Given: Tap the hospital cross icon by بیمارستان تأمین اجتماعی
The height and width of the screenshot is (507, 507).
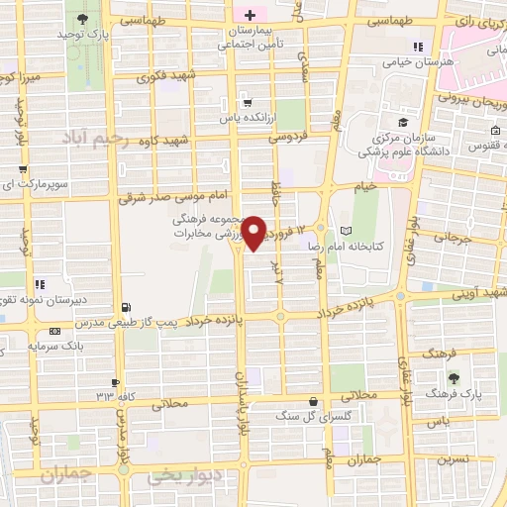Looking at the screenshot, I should pos(250,15).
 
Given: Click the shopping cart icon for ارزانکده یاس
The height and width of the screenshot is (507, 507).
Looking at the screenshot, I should pos(246,100).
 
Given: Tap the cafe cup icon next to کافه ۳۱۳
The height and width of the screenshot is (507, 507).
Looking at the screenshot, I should pos(116,382).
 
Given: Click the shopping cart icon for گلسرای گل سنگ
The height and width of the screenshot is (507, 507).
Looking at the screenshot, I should pos(313,401).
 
